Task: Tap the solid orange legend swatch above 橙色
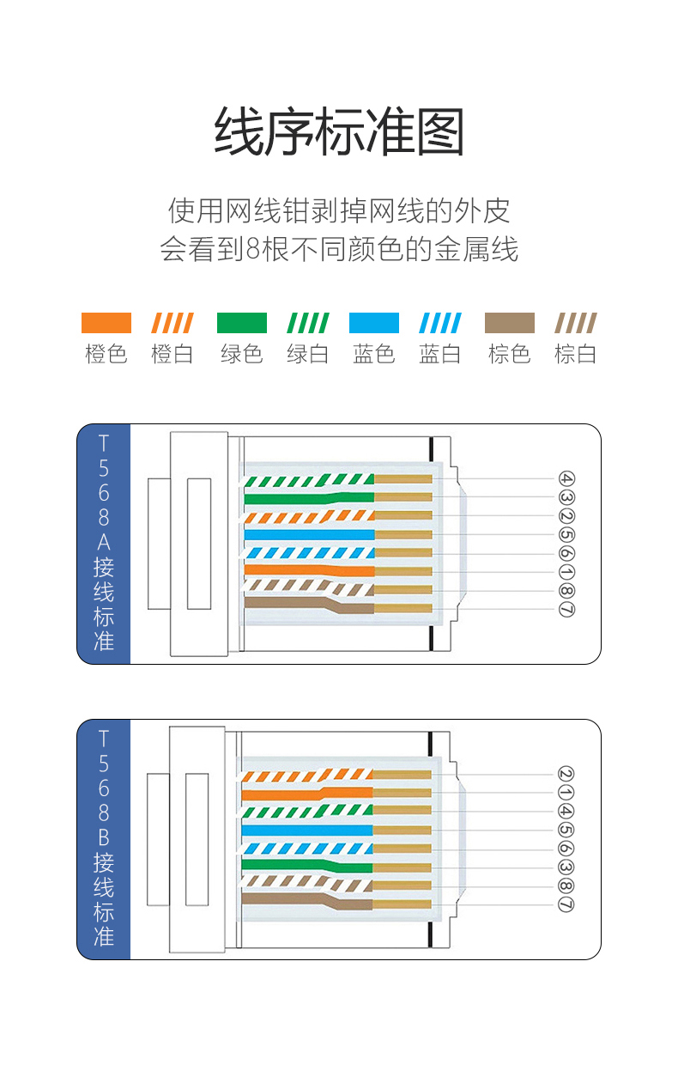click(106, 323)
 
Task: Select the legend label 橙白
click(172, 354)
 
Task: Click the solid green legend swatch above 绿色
click(241, 323)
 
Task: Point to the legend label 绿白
click(307, 354)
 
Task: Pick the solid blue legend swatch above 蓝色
click(374, 323)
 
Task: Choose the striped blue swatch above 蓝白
click(440, 323)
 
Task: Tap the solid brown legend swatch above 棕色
click(509, 323)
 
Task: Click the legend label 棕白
click(575, 354)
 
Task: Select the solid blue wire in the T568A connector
click(309, 534)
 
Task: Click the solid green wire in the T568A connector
click(309, 497)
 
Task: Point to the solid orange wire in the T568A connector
click(309, 570)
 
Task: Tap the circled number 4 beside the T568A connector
click(566, 479)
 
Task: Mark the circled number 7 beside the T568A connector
click(566, 610)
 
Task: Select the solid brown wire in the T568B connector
click(309, 902)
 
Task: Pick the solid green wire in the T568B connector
click(309, 866)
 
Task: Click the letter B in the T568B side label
click(104, 837)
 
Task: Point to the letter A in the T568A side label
click(104, 542)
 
